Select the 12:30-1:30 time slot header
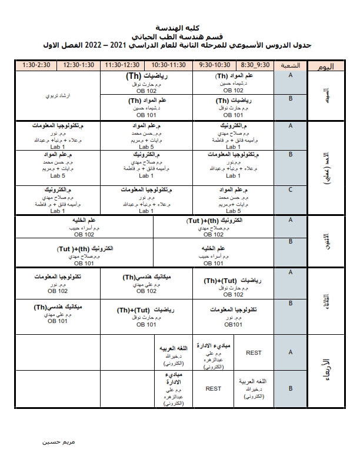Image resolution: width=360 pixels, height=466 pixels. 80,65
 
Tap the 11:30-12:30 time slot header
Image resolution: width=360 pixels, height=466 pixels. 123,65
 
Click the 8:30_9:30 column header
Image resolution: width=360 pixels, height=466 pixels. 255,65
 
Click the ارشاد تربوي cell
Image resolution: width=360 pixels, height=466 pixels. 59,95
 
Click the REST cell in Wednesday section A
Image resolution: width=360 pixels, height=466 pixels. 254,352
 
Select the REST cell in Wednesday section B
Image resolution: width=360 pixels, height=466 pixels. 213,388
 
